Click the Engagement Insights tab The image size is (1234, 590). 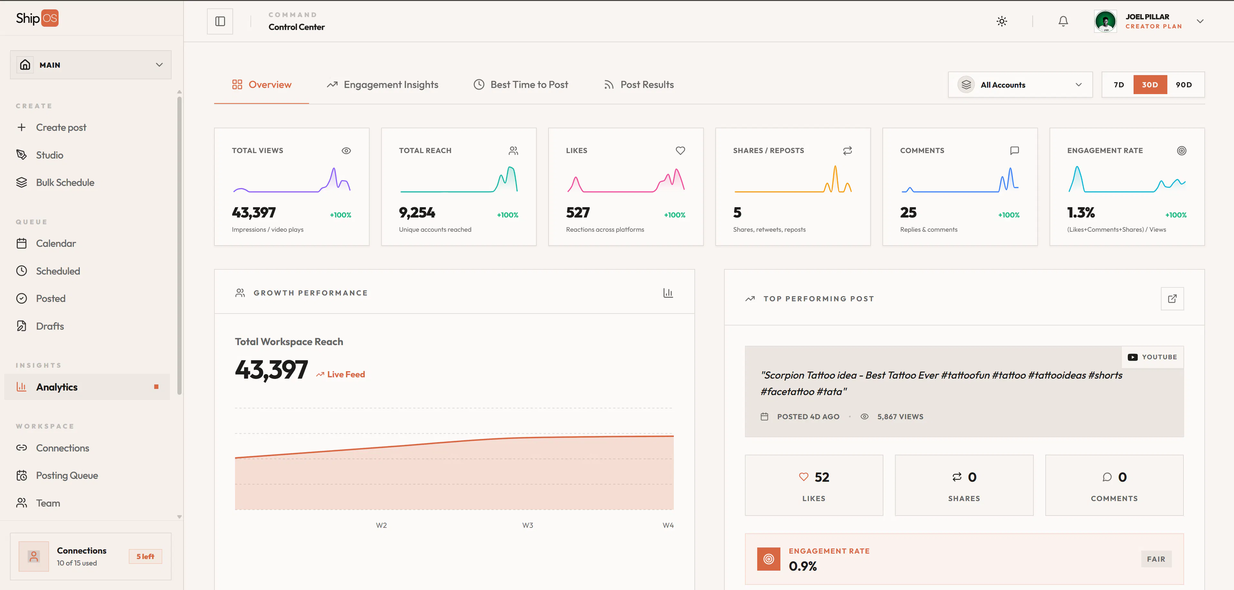382,85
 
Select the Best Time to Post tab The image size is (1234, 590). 521,85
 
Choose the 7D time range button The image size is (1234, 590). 1118,85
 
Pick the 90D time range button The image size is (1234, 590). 1184,85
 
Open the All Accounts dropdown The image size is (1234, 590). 1020,85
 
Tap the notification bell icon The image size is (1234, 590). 1063,21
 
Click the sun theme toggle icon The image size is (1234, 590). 1002,21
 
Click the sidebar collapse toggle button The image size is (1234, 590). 220,21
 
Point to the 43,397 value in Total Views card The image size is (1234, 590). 254,212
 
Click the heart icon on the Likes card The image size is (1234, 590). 680,150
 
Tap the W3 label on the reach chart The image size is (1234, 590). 527,525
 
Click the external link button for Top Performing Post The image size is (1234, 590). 1172,299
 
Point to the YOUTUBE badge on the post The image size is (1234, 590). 1153,357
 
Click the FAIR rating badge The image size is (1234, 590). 1156,559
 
